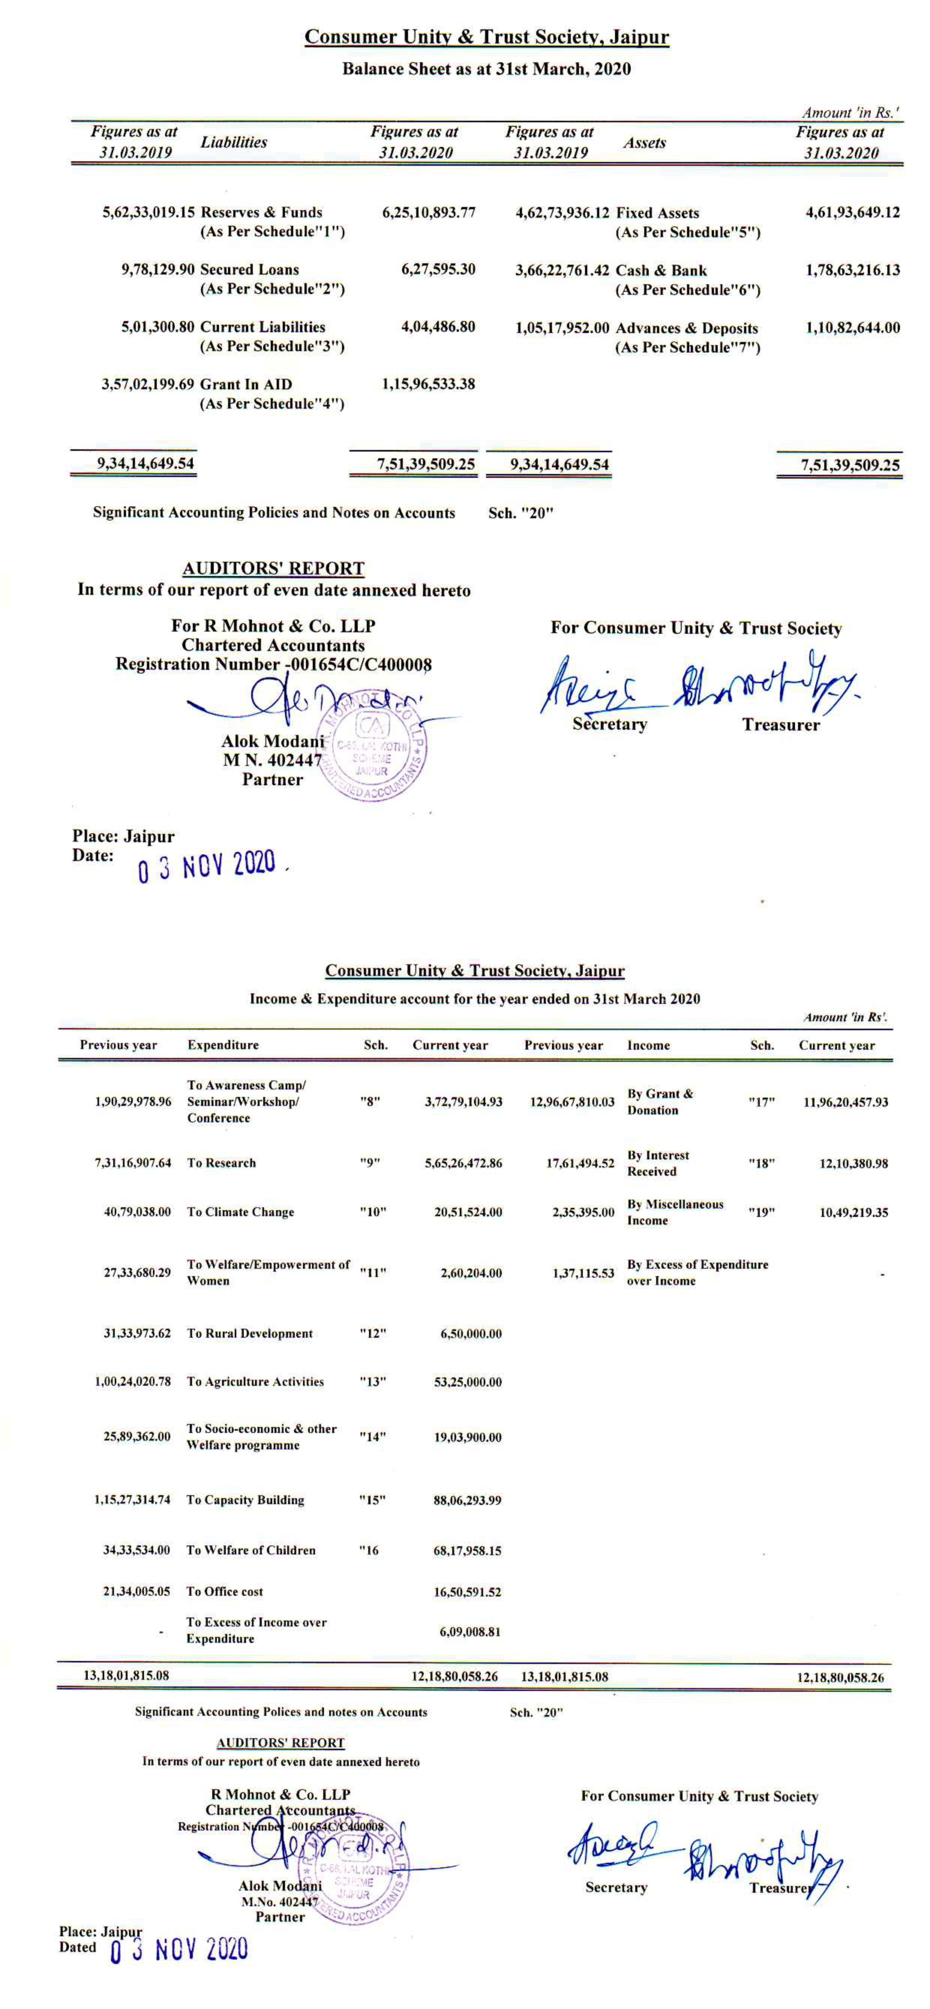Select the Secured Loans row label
pos(249,270)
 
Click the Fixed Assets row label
pos(657,213)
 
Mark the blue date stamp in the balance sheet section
pos(207,866)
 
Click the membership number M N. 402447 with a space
pos(272,760)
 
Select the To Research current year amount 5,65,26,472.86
pos(463,1163)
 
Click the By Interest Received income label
pos(658,1163)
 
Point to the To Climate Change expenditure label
pos(240,1212)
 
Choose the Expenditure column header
pos(223,1045)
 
